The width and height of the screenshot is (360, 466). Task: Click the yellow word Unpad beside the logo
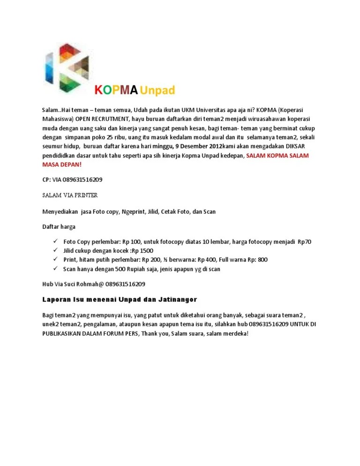[157, 90]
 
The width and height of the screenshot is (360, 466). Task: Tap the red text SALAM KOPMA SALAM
[277, 156]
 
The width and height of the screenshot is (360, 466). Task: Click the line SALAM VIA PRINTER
[70, 195]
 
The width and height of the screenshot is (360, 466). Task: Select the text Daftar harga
[59, 227]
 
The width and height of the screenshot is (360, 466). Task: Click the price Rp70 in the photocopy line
[305, 242]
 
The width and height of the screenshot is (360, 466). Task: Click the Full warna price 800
[262, 260]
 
